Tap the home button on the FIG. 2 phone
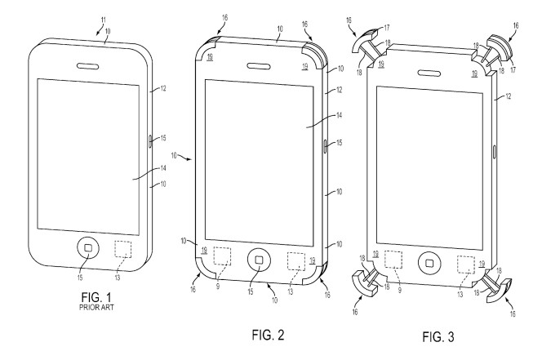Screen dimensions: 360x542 [259, 260]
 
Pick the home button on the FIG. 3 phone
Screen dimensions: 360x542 [429, 263]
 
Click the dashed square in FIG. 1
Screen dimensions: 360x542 [125, 249]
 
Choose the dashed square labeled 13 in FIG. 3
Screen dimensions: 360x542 [466, 264]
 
